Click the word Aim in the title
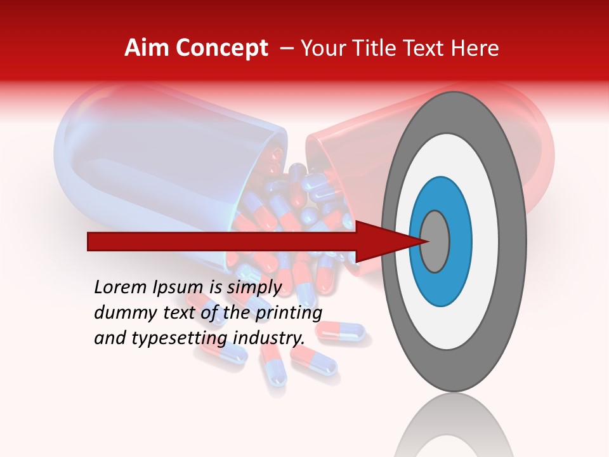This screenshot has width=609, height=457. pyautogui.click(x=147, y=48)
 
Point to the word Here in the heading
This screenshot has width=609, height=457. pyautogui.click(x=475, y=48)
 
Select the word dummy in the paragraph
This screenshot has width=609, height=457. pyautogui.click(x=119, y=313)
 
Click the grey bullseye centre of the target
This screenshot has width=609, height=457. pyautogui.click(x=435, y=241)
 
